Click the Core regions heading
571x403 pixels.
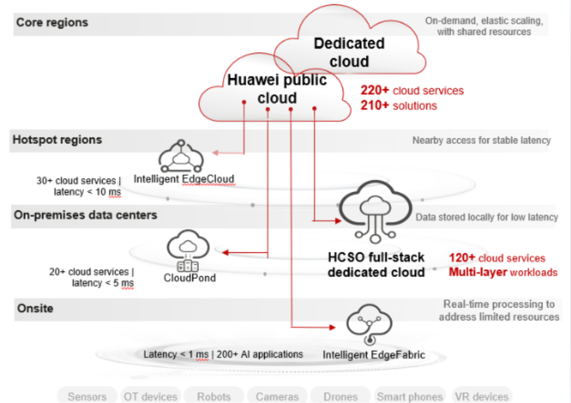(52, 23)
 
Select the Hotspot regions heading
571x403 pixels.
(57, 140)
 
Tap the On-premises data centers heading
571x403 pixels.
(86, 215)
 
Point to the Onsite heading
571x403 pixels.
(35, 308)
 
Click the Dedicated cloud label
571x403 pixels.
(349, 52)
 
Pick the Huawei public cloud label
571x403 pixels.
(277, 89)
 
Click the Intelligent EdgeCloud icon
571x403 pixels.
(181, 156)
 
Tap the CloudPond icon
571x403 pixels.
(188, 251)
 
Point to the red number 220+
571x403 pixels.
(374, 90)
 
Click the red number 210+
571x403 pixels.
(374, 105)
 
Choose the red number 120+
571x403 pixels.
(462, 258)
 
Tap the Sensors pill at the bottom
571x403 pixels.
(87, 396)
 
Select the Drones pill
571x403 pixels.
(341, 396)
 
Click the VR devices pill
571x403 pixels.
(482, 396)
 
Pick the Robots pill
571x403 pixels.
(214, 396)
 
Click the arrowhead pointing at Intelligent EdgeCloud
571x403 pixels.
(215, 153)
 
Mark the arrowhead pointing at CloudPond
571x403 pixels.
(225, 253)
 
